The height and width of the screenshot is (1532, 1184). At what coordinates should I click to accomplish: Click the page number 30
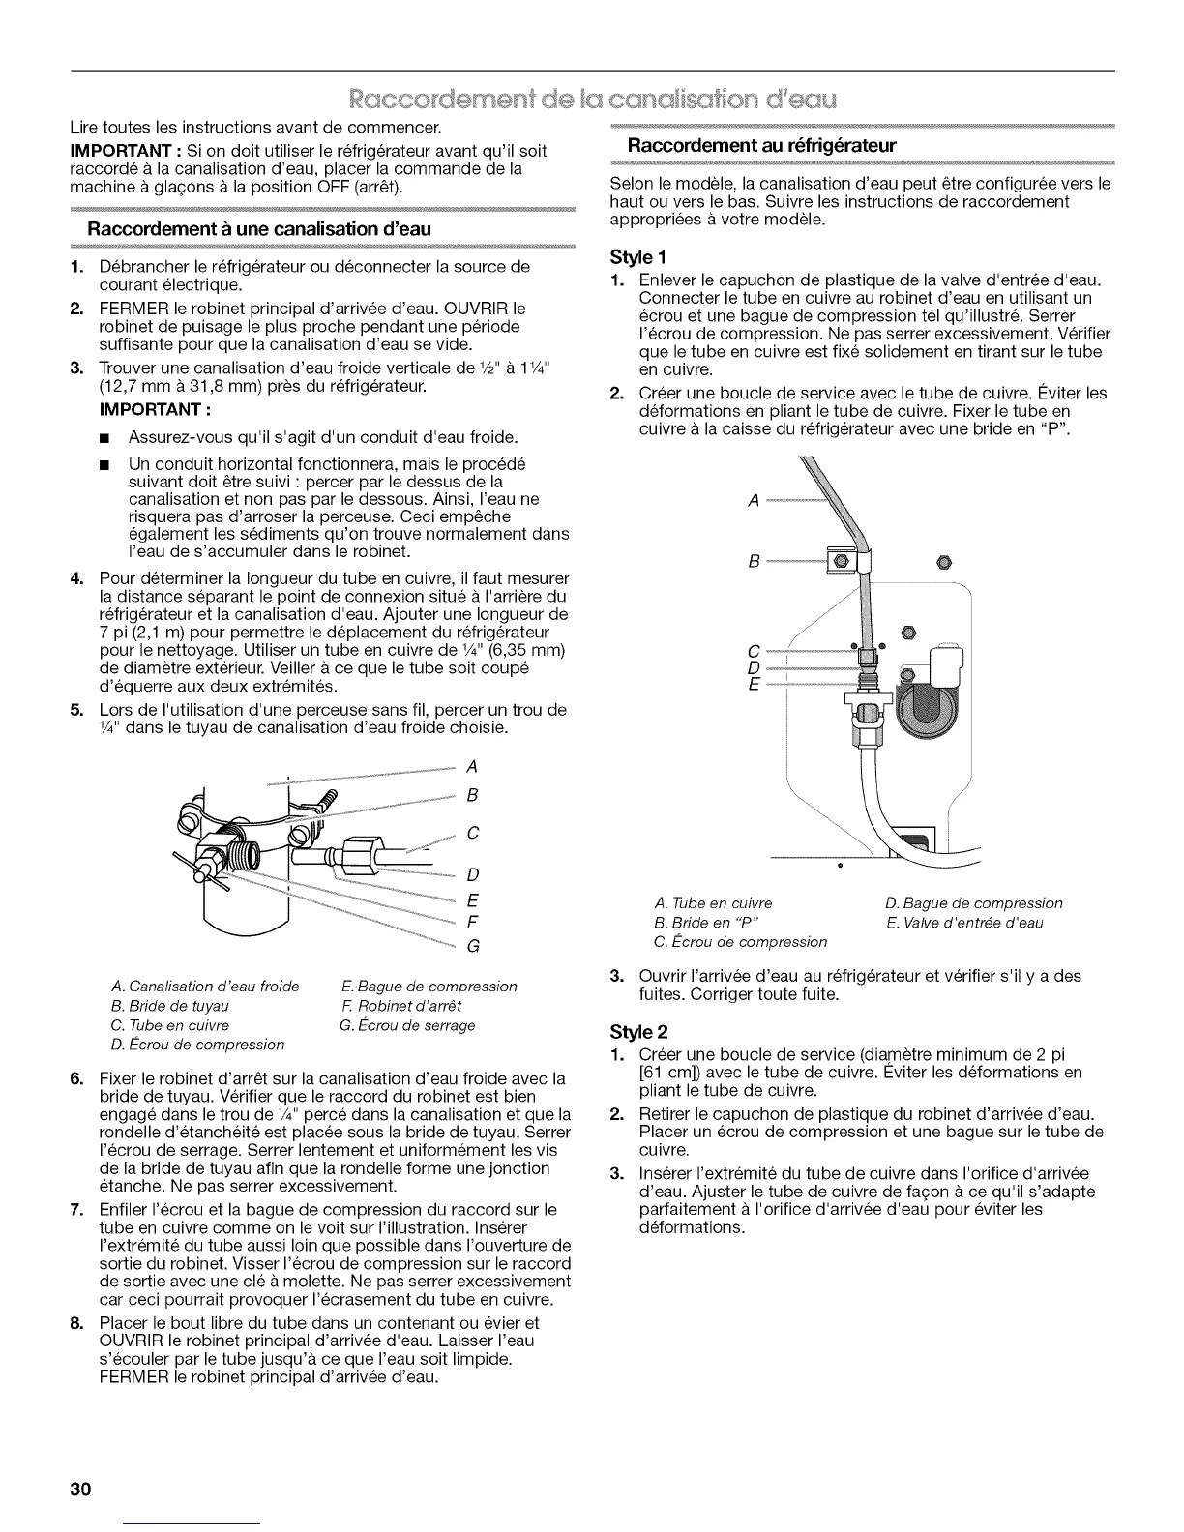[79, 1488]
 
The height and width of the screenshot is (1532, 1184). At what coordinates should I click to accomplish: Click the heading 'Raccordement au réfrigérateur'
[763, 146]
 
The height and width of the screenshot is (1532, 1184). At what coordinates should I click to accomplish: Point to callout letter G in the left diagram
[473, 945]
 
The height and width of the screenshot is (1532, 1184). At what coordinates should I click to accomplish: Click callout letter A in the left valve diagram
[472, 767]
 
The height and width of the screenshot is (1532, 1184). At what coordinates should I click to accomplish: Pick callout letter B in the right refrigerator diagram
[755, 560]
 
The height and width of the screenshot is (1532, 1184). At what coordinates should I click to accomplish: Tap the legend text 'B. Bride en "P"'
[705, 922]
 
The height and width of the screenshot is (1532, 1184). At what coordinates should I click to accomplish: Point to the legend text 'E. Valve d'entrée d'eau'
[963, 922]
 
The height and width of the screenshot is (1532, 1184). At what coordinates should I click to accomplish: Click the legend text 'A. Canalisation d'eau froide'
[205, 987]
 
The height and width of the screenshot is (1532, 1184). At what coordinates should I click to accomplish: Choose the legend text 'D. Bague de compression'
[973, 902]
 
